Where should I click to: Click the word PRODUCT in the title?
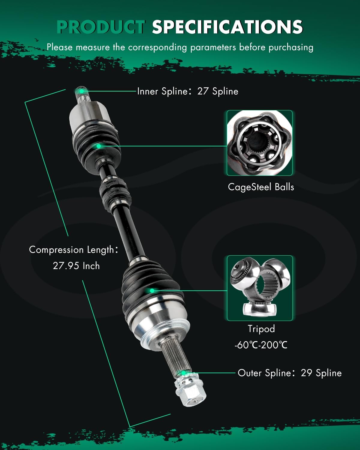pos(101,27)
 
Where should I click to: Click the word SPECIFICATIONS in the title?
pos(227,27)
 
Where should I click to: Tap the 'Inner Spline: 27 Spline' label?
pos(187,91)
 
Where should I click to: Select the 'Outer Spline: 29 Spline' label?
pos(289,373)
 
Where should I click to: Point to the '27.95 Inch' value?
pos(76,266)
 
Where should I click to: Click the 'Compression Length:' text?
pos(73,250)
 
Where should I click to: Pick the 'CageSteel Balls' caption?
pos(261,187)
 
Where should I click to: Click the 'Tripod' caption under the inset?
pos(261,329)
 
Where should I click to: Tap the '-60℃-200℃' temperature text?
pos(261,345)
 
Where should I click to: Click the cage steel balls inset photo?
pos(259,143)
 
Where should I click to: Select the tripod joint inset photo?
pos(259,288)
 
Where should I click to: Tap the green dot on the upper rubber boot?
pos(98,146)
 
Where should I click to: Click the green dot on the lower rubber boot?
pos(152,290)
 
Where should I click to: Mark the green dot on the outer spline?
pos(183,373)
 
